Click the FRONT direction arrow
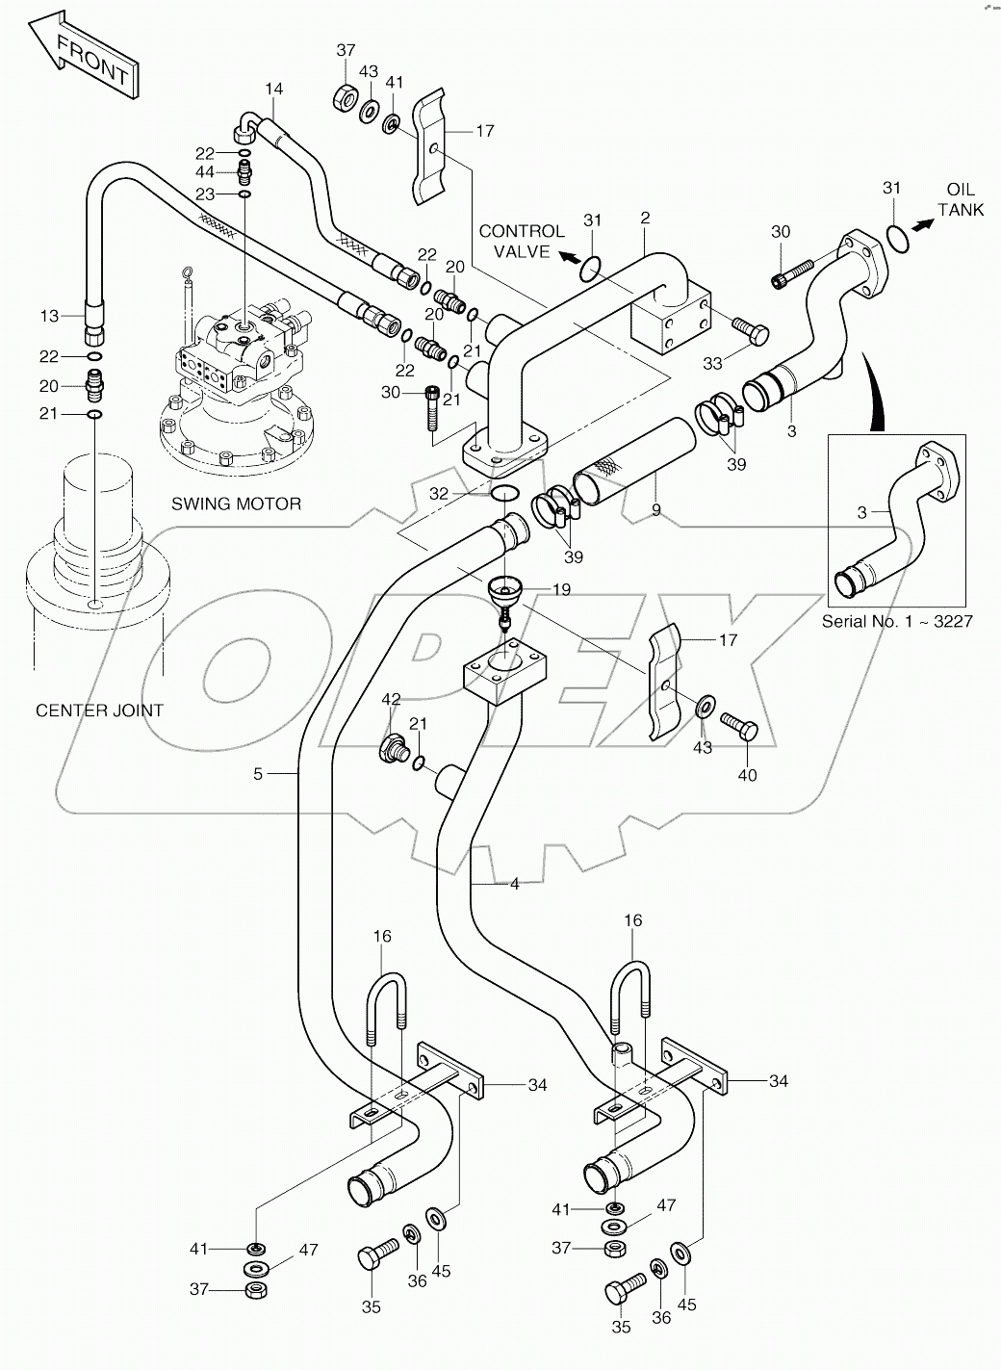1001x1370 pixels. point(82,59)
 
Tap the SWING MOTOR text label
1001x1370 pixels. point(236,504)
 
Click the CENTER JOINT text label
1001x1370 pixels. point(99,711)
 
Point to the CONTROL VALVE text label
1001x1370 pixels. point(521,241)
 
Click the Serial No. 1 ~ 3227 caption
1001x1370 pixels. point(897,621)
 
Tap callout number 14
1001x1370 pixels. point(274,90)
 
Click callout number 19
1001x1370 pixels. point(560,588)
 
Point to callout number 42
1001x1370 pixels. point(390,700)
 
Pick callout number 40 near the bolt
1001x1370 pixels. point(746,775)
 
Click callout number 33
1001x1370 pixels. point(712,364)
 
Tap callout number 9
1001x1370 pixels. point(655,510)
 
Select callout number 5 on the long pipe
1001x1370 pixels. point(258,773)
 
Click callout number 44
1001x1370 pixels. point(205,172)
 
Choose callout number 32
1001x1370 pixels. point(439,493)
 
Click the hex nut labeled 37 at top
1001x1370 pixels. point(345,98)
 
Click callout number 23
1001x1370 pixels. point(205,194)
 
